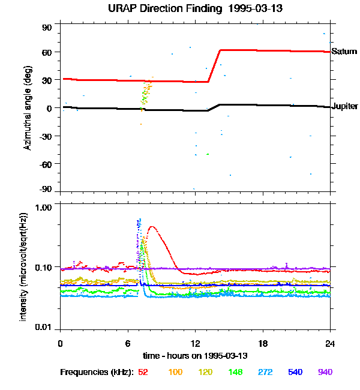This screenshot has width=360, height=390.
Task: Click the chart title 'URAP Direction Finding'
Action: click(161, 8)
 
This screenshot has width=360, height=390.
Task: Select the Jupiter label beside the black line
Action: click(344, 106)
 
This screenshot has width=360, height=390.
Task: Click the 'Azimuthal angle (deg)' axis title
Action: click(28, 109)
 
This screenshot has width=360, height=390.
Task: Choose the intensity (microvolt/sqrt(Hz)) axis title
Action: click(24, 266)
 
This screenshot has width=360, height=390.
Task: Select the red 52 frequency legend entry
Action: click(143, 372)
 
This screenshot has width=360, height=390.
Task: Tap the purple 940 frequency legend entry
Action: click(325, 372)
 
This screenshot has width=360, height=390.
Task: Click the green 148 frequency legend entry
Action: click(235, 372)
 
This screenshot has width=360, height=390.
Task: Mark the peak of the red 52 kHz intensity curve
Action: click(152, 227)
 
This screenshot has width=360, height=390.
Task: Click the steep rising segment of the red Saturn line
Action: click(214, 66)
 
